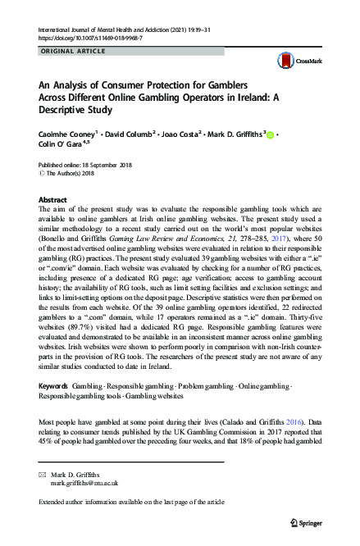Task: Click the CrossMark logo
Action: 294,60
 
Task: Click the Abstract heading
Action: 54,199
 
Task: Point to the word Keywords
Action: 53,384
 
